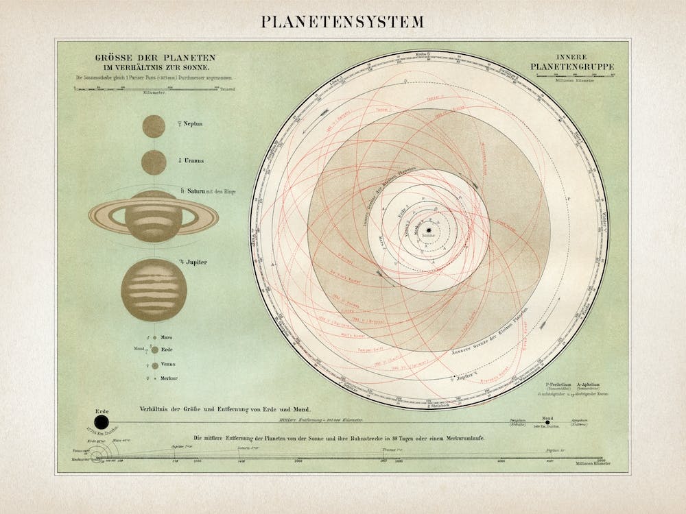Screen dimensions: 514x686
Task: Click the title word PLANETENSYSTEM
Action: tap(342, 21)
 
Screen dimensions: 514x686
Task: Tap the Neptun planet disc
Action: tap(154, 126)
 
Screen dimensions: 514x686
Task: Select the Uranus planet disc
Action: tap(154, 162)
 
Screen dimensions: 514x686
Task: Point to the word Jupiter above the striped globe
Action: tap(196, 262)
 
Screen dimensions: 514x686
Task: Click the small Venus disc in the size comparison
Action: tap(155, 366)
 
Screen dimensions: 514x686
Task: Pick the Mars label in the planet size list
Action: tap(167, 338)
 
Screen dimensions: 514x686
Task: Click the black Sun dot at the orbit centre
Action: tap(428, 230)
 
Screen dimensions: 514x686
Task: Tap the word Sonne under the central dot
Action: tap(428, 236)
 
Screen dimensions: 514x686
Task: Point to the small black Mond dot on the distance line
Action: tap(547, 422)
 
